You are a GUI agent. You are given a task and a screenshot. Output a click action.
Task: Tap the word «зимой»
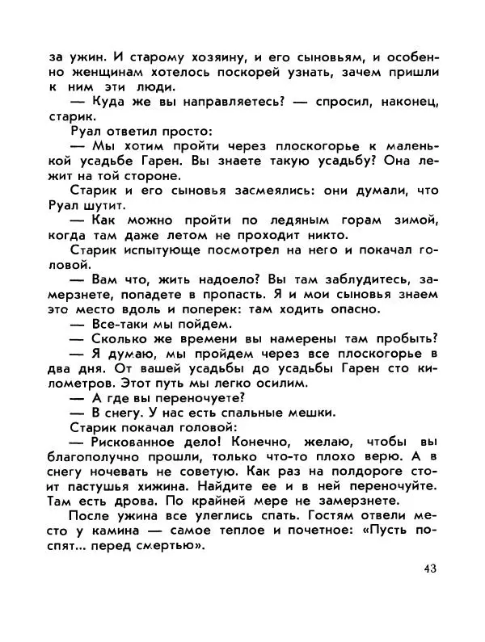pyautogui.click(x=411, y=220)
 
